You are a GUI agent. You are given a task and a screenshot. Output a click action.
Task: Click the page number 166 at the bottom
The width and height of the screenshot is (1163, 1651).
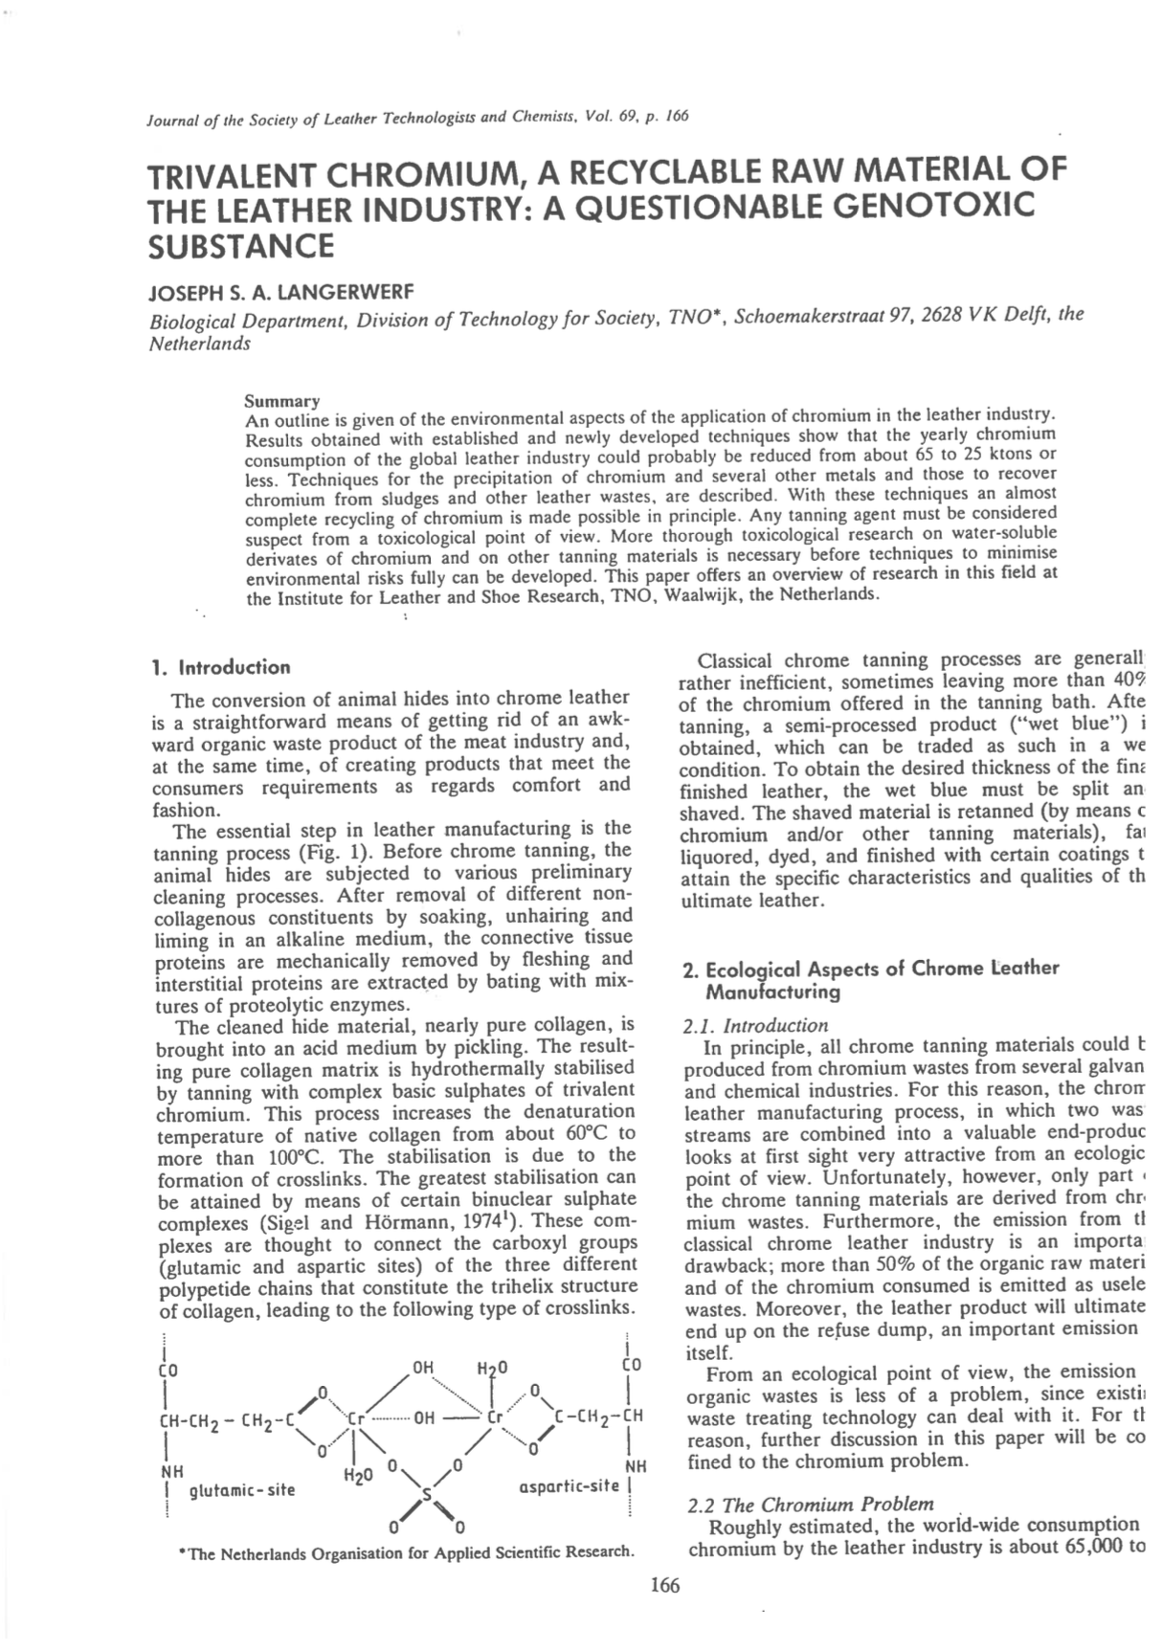coord(663,1586)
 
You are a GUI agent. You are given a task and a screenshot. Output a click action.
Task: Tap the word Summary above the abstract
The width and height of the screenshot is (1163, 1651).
coord(282,400)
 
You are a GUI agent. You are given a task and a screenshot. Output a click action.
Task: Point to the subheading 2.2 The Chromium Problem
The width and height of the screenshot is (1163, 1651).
coord(811,1504)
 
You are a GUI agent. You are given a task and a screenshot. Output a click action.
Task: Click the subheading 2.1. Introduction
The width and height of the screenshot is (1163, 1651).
coord(755,1025)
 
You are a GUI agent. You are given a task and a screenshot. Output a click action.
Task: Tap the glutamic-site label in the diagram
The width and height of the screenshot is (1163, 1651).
coord(242,1489)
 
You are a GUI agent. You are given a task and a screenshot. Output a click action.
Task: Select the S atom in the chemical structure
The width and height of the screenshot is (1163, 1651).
coord(427,1494)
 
